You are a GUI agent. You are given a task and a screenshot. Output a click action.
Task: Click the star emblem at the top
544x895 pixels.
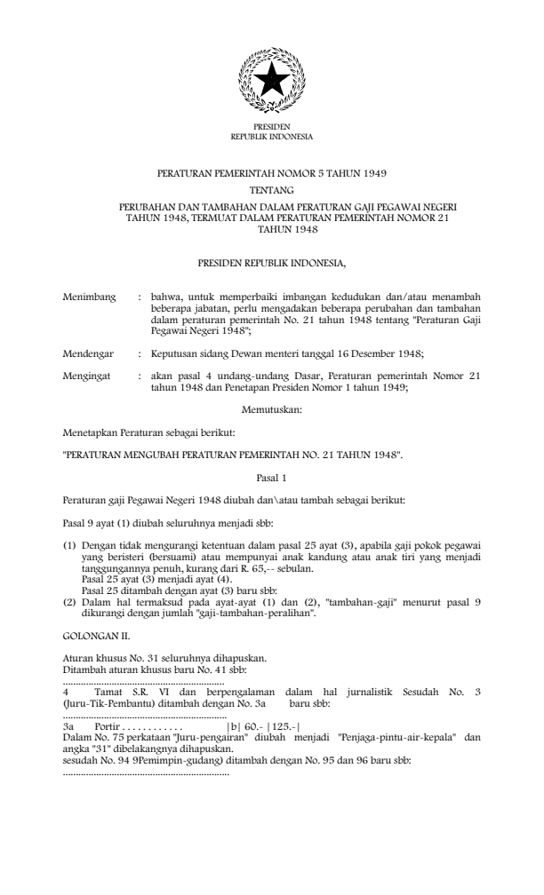pos(271,81)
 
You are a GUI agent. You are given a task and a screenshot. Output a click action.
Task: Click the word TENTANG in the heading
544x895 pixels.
pos(271,190)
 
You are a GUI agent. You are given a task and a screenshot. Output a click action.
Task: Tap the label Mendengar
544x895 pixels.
pos(90,353)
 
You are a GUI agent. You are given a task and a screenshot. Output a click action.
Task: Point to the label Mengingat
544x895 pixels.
pos(88,376)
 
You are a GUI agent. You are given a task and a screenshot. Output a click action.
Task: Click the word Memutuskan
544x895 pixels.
pos(271,409)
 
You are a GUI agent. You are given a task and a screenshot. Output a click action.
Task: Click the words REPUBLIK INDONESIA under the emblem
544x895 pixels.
pos(271,138)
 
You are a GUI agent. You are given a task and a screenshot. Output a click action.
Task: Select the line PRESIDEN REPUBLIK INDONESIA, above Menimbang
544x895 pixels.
pos(271,264)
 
